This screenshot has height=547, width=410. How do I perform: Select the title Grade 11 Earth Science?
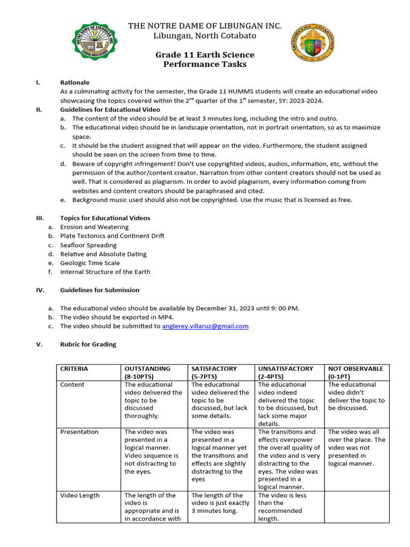(204, 55)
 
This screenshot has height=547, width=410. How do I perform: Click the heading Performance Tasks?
(204, 64)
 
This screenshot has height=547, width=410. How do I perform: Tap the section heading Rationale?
(75, 83)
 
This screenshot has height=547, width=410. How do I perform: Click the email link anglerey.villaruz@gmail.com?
(206, 326)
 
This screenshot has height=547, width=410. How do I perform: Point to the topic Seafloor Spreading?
(88, 245)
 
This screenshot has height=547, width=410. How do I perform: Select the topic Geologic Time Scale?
(90, 263)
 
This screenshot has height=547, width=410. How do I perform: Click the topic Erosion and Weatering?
(94, 227)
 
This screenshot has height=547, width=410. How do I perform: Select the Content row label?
(72, 385)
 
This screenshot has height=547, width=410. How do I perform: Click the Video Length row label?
(80, 495)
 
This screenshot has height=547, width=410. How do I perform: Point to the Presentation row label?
(79, 432)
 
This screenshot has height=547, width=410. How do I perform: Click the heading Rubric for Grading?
(88, 345)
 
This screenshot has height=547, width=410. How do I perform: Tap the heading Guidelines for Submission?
(100, 290)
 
